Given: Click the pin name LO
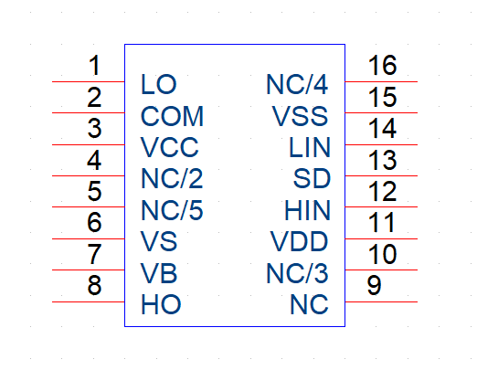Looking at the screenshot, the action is click(158, 84).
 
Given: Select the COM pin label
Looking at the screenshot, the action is click(172, 116).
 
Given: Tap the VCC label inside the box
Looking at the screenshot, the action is click(169, 147).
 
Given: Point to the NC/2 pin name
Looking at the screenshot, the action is click(172, 178).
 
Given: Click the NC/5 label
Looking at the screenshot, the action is click(172, 210).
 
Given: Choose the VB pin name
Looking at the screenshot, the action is click(159, 273).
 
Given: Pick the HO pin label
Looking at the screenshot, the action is click(161, 304).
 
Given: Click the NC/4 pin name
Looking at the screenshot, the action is click(297, 84).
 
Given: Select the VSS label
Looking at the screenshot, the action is click(300, 116).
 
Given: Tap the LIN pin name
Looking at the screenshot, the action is click(310, 147).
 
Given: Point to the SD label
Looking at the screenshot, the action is click(312, 178).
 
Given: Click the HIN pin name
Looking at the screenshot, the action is click(307, 210).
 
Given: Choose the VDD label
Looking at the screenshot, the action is click(299, 241).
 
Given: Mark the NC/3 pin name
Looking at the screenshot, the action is click(297, 273).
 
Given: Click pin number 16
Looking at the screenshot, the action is click(382, 65).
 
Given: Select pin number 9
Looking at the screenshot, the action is click(374, 285).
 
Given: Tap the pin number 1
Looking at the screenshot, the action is click(94, 65).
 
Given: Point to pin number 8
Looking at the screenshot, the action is click(94, 285).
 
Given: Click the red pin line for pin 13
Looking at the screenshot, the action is click(381, 175).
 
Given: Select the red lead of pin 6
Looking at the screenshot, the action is click(89, 238).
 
